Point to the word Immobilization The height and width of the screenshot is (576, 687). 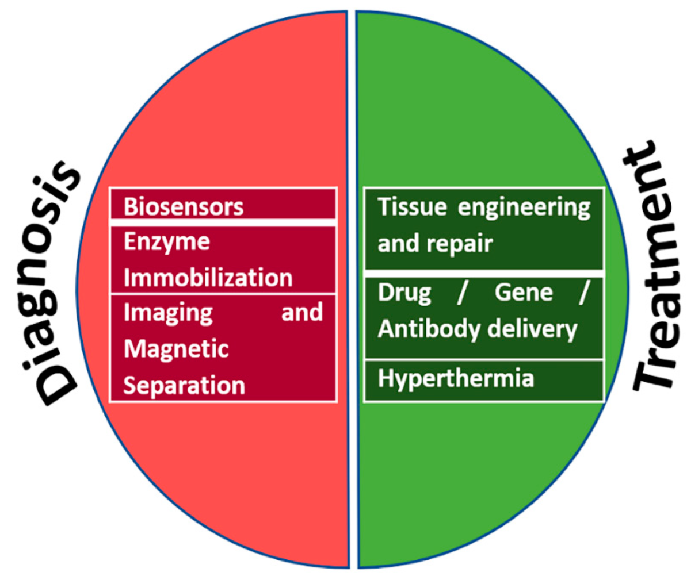(x=209, y=278)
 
